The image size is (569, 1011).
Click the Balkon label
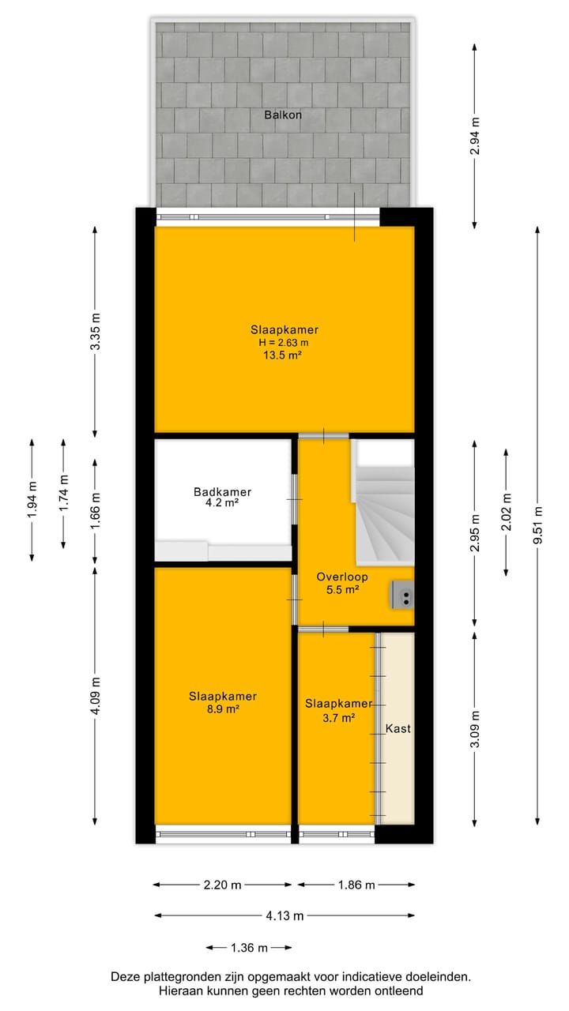283,115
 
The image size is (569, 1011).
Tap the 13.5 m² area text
284,355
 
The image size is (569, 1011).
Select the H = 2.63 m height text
284,343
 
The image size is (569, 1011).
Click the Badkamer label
222,492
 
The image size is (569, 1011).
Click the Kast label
398,729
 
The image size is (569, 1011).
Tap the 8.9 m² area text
223,709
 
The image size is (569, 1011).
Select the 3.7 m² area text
337,717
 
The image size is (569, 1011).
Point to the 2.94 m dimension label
474,136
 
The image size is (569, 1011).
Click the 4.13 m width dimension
284,915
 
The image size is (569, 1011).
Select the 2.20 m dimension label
222,885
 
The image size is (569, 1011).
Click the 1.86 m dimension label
356,885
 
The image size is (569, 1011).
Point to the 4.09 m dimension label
96,696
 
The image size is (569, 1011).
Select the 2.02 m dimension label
507,513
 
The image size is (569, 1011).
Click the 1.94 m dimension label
32,500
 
